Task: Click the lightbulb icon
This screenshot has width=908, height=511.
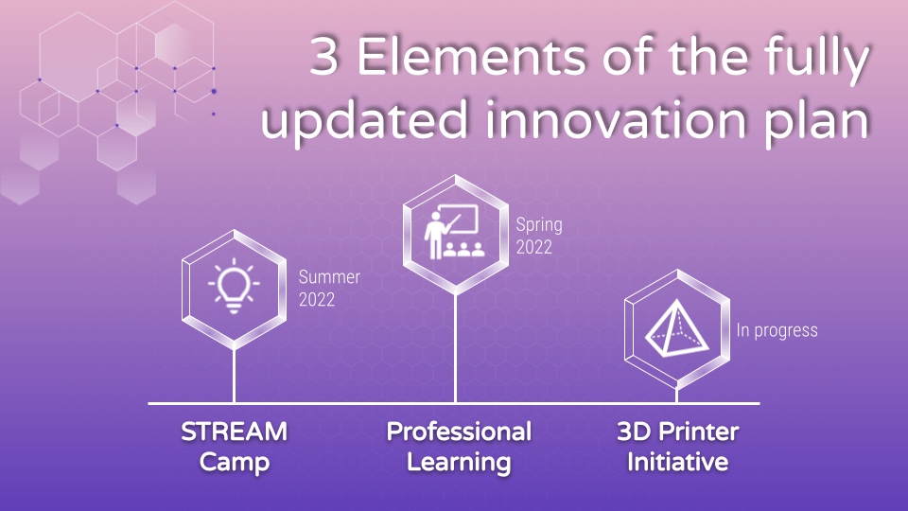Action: click(234, 286)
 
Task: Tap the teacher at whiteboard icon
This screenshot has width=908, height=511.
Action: click(455, 231)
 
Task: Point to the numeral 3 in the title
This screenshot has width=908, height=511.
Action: click(324, 57)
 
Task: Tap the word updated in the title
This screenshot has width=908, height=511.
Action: click(363, 120)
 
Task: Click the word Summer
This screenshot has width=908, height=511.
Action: click(329, 277)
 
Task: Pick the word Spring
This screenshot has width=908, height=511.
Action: click(539, 225)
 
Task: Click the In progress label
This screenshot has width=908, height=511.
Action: click(777, 330)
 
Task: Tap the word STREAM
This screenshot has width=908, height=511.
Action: click(234, 432)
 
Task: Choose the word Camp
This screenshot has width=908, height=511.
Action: click(234, 463)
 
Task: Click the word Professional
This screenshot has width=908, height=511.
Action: click(459, 432)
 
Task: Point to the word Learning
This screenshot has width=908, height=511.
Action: click(459, 463)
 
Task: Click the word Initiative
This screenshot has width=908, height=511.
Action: click(677, 462)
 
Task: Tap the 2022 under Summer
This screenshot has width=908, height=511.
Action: click(317, 300)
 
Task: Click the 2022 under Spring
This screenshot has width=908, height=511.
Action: click(533, 247)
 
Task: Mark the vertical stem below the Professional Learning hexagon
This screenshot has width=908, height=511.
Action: click(455, 348)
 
